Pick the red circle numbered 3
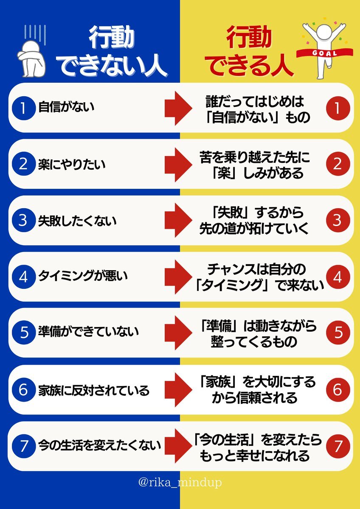click(337, 220)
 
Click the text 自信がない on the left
click(66, 107)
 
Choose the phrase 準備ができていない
click(88, 333)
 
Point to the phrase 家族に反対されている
click(94, 390)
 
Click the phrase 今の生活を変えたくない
click(100, 445)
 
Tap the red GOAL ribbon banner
click(325, 53)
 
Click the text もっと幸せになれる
click(255, 456)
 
